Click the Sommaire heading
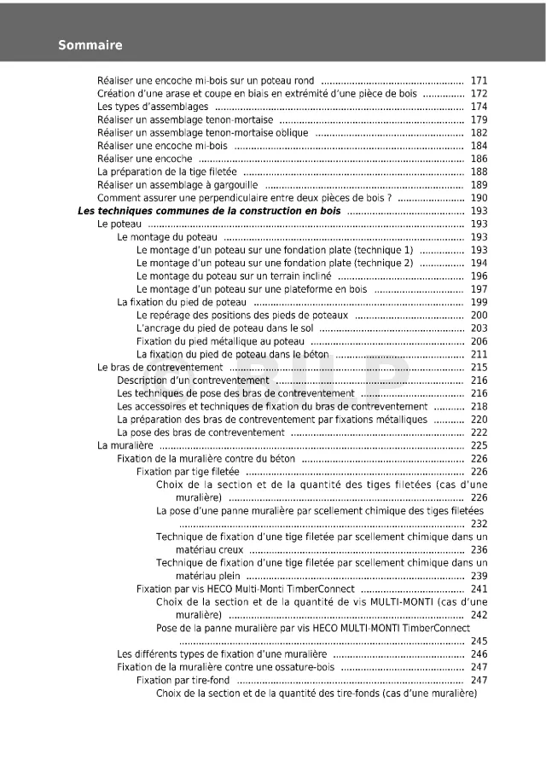[x=90, y=45]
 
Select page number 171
[x=479, y=80]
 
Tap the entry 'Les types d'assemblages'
[x=153, y=107]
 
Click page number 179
[x=479, y=120]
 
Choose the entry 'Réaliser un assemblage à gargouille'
[x=177, y=185]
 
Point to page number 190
[x=479, y=198]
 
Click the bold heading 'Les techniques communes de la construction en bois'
[x=209, y=211]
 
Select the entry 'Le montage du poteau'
[x=167, y=237]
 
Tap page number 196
[x=479, y=276]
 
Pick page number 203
[x=479, y=328]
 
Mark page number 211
[x=479, y=354]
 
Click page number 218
[x=479, y=407]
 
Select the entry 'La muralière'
[x=125, y=445]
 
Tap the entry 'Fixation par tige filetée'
[x=188, y=472]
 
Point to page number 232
[x=479, y=524]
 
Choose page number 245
[x=479, y=641]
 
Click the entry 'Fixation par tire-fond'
[x=183, y=680]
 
